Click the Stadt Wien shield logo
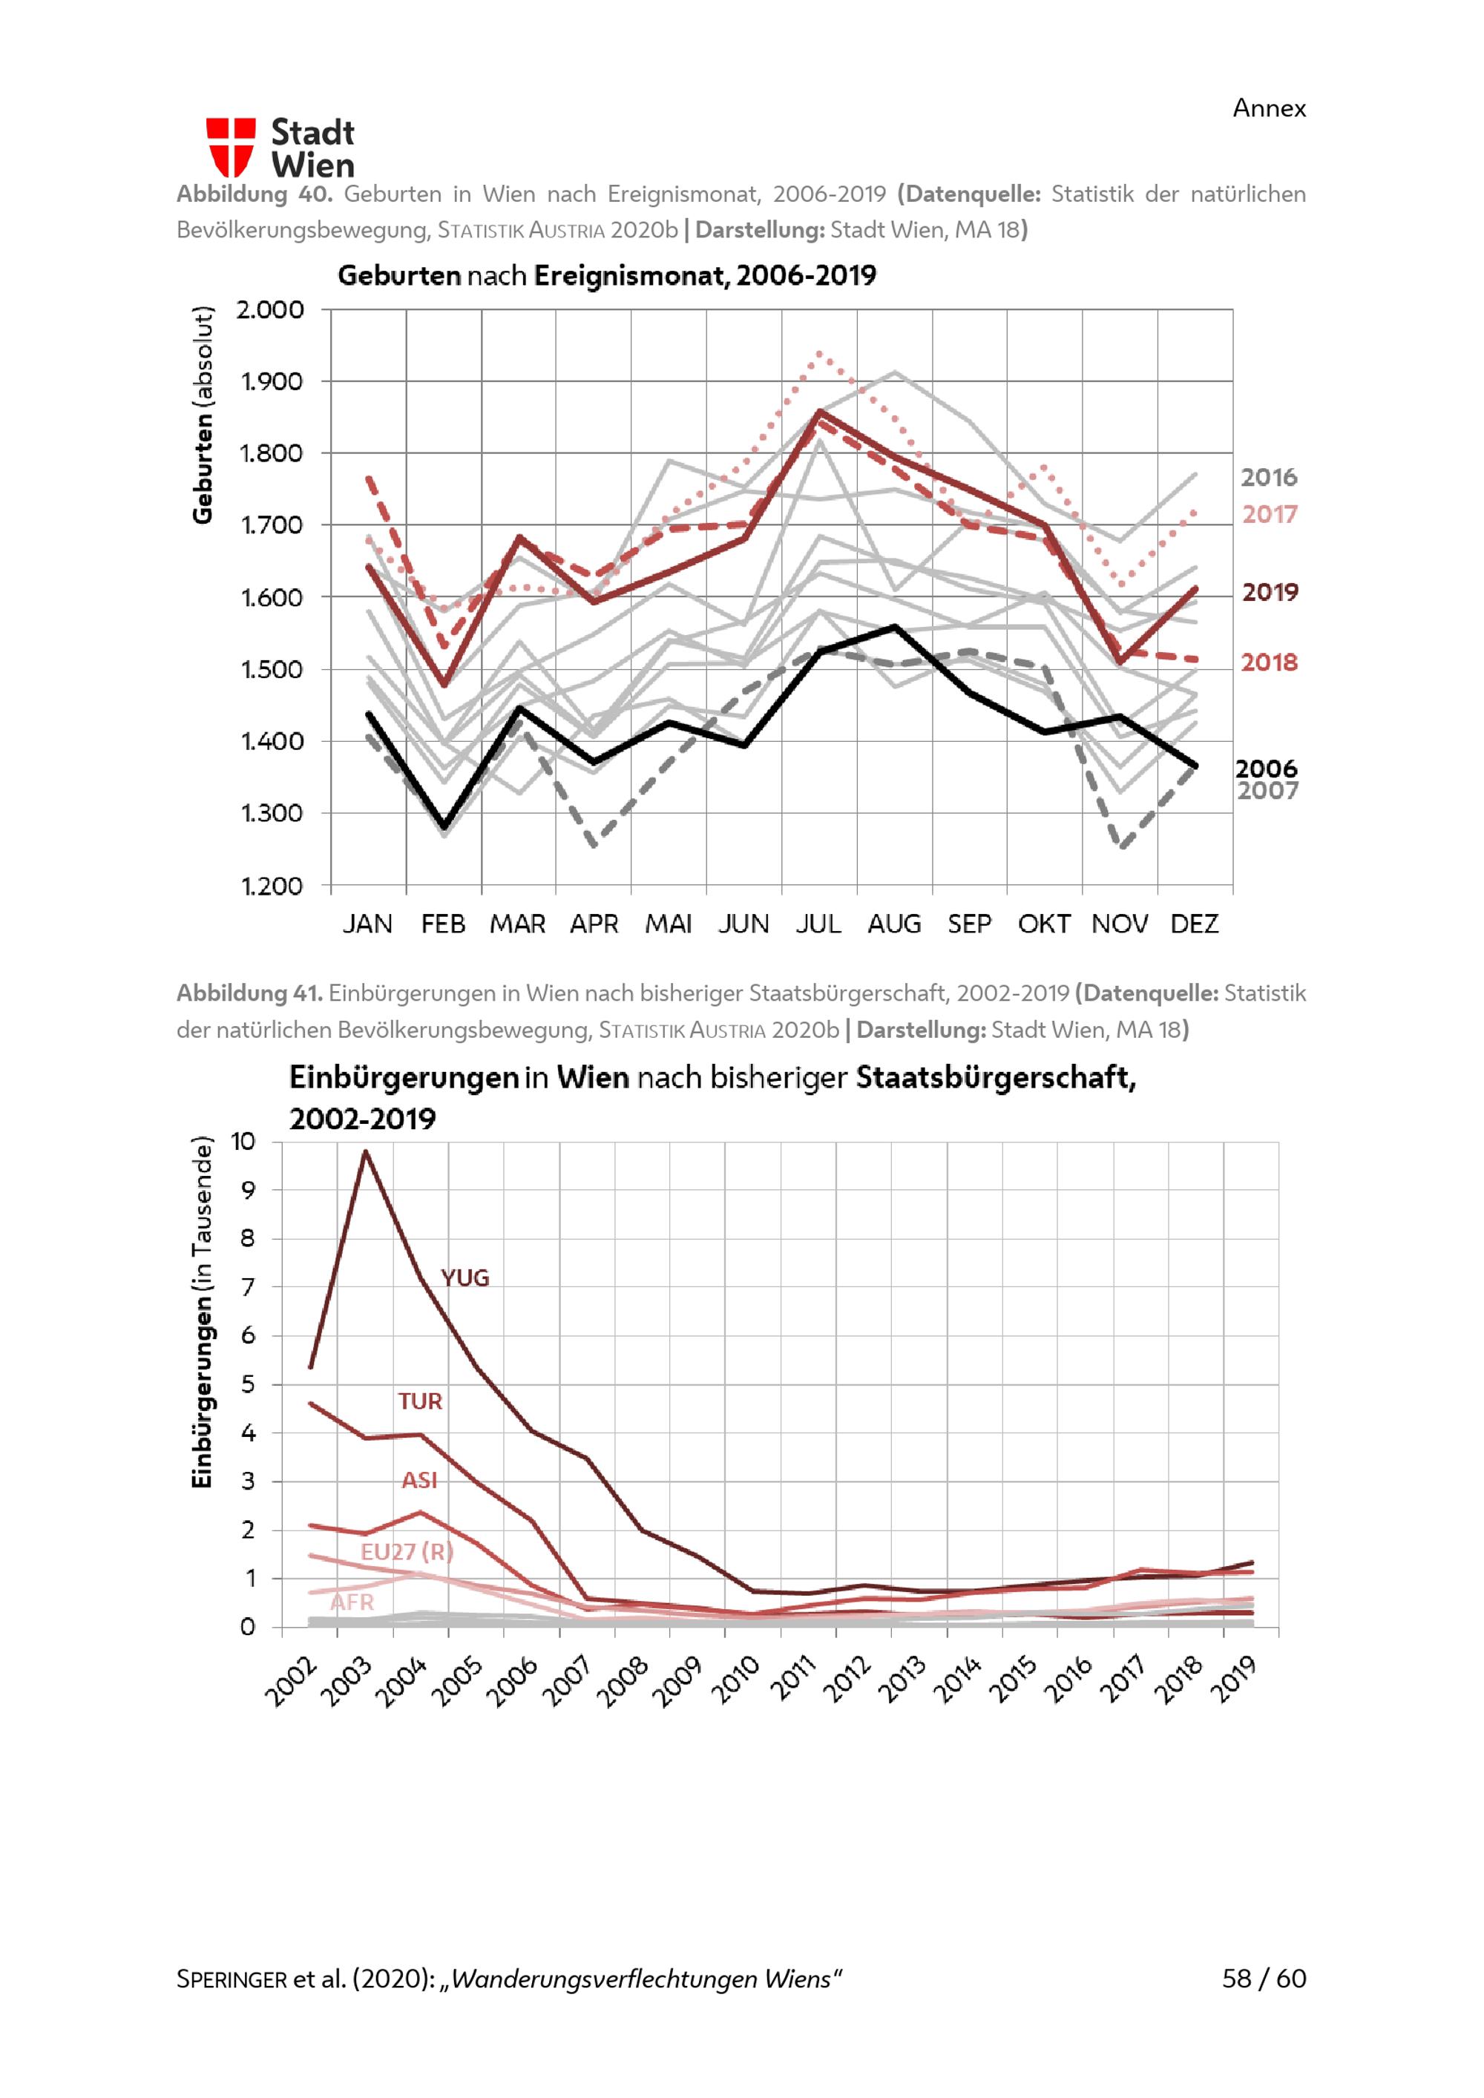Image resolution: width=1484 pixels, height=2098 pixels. [230, 147]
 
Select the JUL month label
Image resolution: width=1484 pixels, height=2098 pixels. [818, 924]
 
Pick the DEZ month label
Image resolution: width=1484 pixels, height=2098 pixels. [1195, 924]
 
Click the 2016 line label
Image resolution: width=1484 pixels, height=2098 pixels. [1268, 477]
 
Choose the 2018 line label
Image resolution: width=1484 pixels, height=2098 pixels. [1268, 662]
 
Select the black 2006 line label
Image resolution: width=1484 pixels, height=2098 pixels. [1266, 769]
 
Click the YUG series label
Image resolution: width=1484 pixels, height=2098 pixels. [465, 1278]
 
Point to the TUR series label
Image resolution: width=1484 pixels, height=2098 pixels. [419, 1401]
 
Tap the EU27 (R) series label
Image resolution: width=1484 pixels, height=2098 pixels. [407, 1551]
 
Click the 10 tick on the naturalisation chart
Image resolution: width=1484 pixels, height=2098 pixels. [243, 1141]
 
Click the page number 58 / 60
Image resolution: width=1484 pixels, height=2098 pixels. [1264, 1979]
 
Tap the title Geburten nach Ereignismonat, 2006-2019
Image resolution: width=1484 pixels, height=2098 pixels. [607, 275]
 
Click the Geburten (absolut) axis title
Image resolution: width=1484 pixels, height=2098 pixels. [202, 415]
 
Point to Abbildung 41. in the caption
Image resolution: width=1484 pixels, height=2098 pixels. [249, 993]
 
